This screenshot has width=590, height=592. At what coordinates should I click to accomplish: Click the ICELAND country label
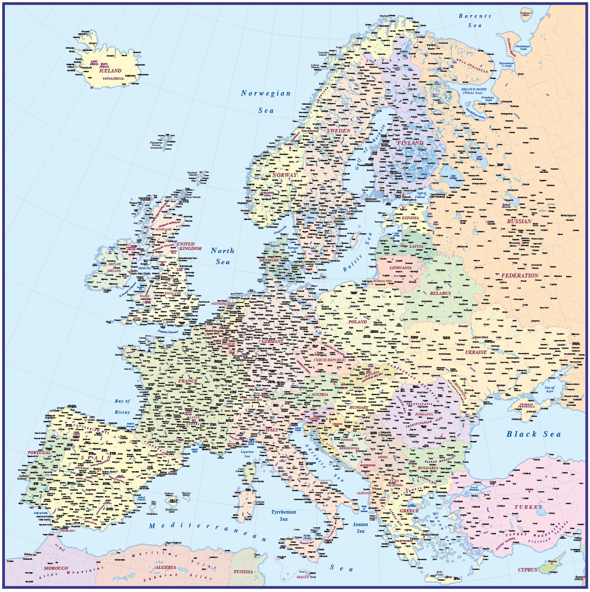click(x=110, y=71)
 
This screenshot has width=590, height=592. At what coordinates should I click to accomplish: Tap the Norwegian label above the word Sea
click(x=265, y=93)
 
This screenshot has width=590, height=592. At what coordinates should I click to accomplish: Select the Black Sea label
click(x=534, y=434)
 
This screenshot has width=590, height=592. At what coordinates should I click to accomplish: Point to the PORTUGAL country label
click(x=39, y=453)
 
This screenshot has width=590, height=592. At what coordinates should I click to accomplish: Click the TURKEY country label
click(x=529, y=507)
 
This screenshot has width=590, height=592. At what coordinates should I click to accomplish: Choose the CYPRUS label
click(x=527, y=570)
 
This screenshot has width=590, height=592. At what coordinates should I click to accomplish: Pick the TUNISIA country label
click(x=243, y=572)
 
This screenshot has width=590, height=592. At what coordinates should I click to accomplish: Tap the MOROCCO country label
click(x=56, y=568)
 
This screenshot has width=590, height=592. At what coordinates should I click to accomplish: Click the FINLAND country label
click(x=410, y=143)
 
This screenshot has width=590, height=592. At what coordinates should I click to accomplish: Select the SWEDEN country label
click(x=339, y=131)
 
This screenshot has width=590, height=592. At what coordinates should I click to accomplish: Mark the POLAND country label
click(x=357, y=322)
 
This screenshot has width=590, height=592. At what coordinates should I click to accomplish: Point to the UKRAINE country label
click(x=476, y=352)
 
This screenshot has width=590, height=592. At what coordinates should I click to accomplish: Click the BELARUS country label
click(x=440, y=293)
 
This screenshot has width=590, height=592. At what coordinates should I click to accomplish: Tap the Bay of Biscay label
click(x=122, y=407)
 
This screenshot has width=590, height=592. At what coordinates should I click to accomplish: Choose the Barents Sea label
click(x=475, y=20)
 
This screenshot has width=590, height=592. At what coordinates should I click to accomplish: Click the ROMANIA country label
click(x=424, y=414)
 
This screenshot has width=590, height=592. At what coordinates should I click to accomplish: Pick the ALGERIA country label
click(x=165, y=568)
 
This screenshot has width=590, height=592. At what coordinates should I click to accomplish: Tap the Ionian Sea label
click(x=361, y=528)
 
